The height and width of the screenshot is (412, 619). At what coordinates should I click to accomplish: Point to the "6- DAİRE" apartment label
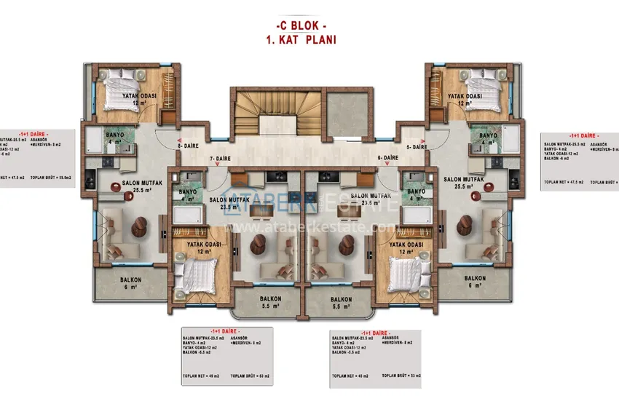388,158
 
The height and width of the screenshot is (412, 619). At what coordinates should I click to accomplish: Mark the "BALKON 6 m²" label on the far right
476,282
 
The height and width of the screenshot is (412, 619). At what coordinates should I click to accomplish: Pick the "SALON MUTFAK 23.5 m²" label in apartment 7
229,203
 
